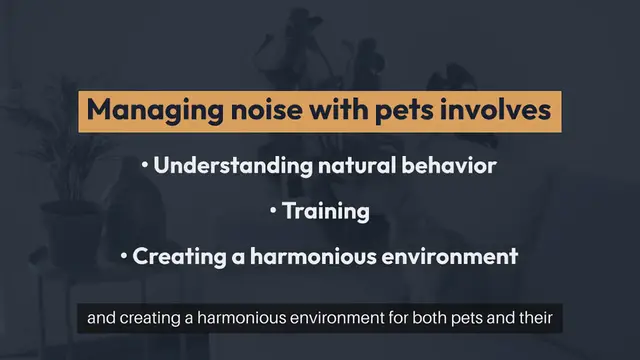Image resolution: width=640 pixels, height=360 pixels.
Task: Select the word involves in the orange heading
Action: point(495,111)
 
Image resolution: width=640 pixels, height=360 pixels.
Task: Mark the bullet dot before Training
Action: point(273,212)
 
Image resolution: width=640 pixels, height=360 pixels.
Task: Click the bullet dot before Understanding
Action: point(145,166)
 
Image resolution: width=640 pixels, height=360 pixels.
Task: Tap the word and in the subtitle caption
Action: point(101,321)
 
